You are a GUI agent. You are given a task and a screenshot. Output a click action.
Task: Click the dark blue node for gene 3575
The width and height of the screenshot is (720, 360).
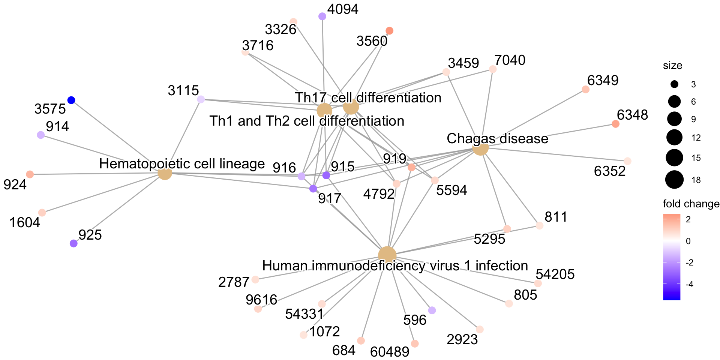(71, 100)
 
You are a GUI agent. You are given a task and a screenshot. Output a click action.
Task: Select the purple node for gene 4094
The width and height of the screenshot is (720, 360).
(322, 16)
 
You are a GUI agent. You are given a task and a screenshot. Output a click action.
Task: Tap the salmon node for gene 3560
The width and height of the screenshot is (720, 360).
(389, 31)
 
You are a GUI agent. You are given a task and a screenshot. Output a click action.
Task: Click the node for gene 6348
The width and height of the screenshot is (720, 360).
(615, 124)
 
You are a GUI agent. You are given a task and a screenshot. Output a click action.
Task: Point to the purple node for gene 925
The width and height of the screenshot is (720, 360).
(73, 243)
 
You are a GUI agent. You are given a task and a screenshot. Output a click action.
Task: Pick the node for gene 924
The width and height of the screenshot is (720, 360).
(30, 174)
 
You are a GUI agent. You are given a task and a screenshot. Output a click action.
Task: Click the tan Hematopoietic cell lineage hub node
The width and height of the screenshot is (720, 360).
(165, 173)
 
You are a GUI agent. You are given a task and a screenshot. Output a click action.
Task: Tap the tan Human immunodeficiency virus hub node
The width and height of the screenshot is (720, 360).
(387, 255)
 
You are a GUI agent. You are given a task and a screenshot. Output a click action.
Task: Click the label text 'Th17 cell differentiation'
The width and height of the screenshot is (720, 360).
(368, 97)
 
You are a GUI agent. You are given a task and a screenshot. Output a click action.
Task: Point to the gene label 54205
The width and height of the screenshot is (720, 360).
(555, 274)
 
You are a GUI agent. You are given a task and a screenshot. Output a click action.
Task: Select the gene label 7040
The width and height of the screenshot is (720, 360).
(510, 60)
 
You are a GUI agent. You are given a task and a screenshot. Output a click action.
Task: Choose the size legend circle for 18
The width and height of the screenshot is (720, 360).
(674, 180)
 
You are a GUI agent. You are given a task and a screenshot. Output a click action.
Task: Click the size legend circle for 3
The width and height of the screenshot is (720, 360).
(674, 84)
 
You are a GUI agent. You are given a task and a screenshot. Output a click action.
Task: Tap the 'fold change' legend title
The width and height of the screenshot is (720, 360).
(691, 204)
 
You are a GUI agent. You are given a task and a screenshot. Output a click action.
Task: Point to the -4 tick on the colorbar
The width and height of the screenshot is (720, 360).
(688, 284)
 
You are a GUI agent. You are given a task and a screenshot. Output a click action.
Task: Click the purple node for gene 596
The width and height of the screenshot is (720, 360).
(432, 310)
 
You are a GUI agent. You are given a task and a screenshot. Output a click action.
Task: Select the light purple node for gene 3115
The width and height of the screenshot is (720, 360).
(201, 99)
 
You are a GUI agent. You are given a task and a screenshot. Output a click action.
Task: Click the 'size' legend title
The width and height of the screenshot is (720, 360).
(672, 66)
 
